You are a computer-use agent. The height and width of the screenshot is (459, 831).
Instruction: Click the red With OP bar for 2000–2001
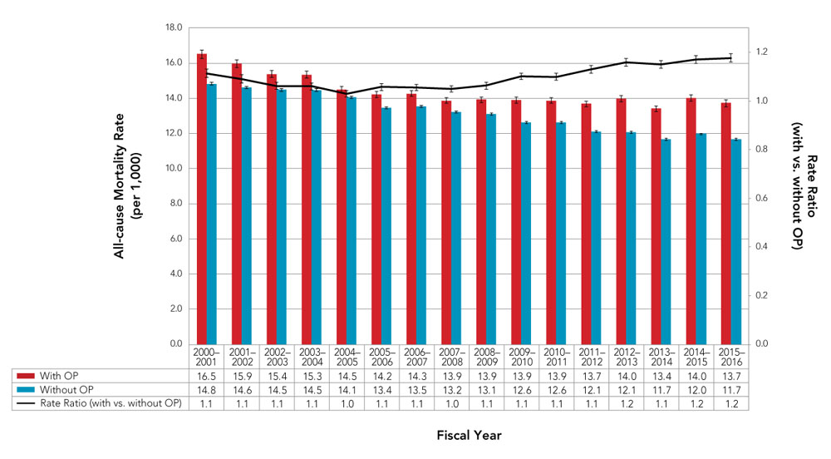[x=202, y=200]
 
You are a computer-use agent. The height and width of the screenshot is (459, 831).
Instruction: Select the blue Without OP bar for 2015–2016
[x=735, y=241]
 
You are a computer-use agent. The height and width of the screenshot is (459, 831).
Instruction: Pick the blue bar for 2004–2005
[x=352, y=220]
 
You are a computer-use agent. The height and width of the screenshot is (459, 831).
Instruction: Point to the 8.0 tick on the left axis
[x=175, y=204]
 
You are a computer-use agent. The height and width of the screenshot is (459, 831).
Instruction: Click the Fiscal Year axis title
[x=470, y=435]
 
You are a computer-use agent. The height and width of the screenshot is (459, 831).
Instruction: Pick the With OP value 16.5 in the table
[x=202, y=376]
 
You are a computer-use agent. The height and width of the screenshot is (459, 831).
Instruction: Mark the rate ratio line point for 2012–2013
[x=627, y=62]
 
